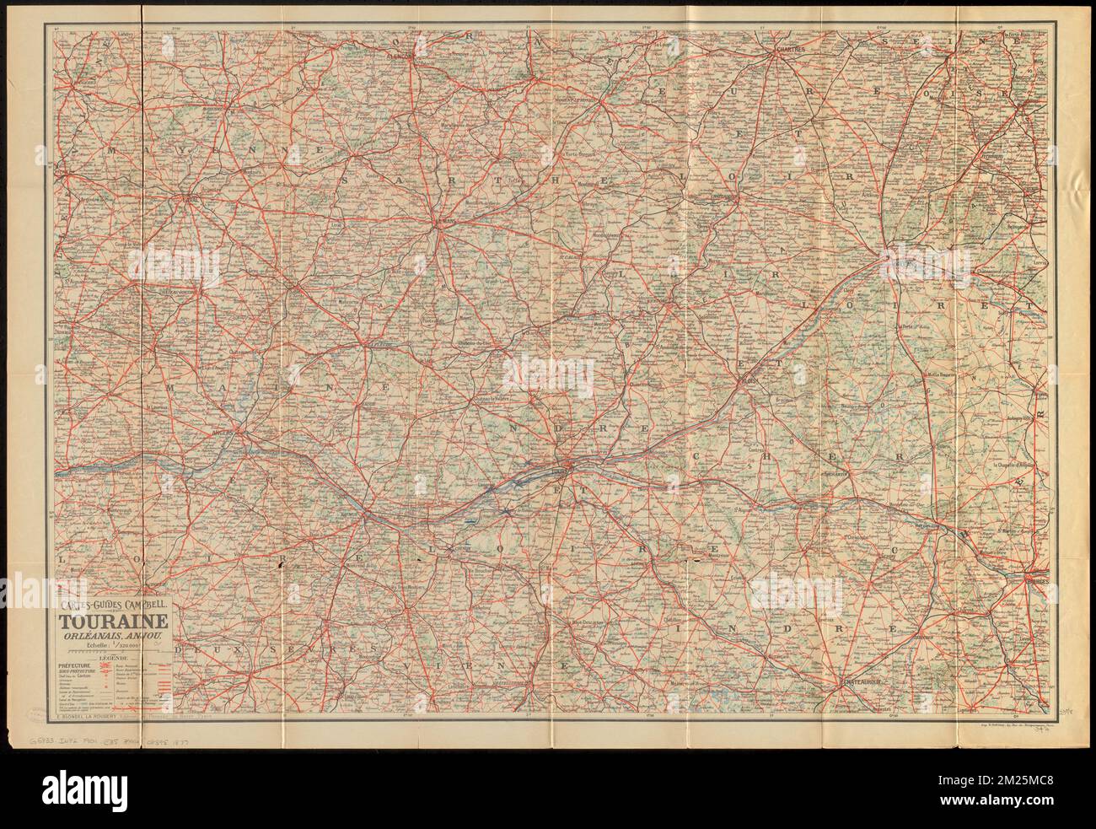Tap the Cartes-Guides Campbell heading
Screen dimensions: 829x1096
click(x=112, y=605)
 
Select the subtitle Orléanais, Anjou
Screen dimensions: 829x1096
click(x=111, y=634)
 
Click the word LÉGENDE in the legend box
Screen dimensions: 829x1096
click(x=112, y=658)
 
